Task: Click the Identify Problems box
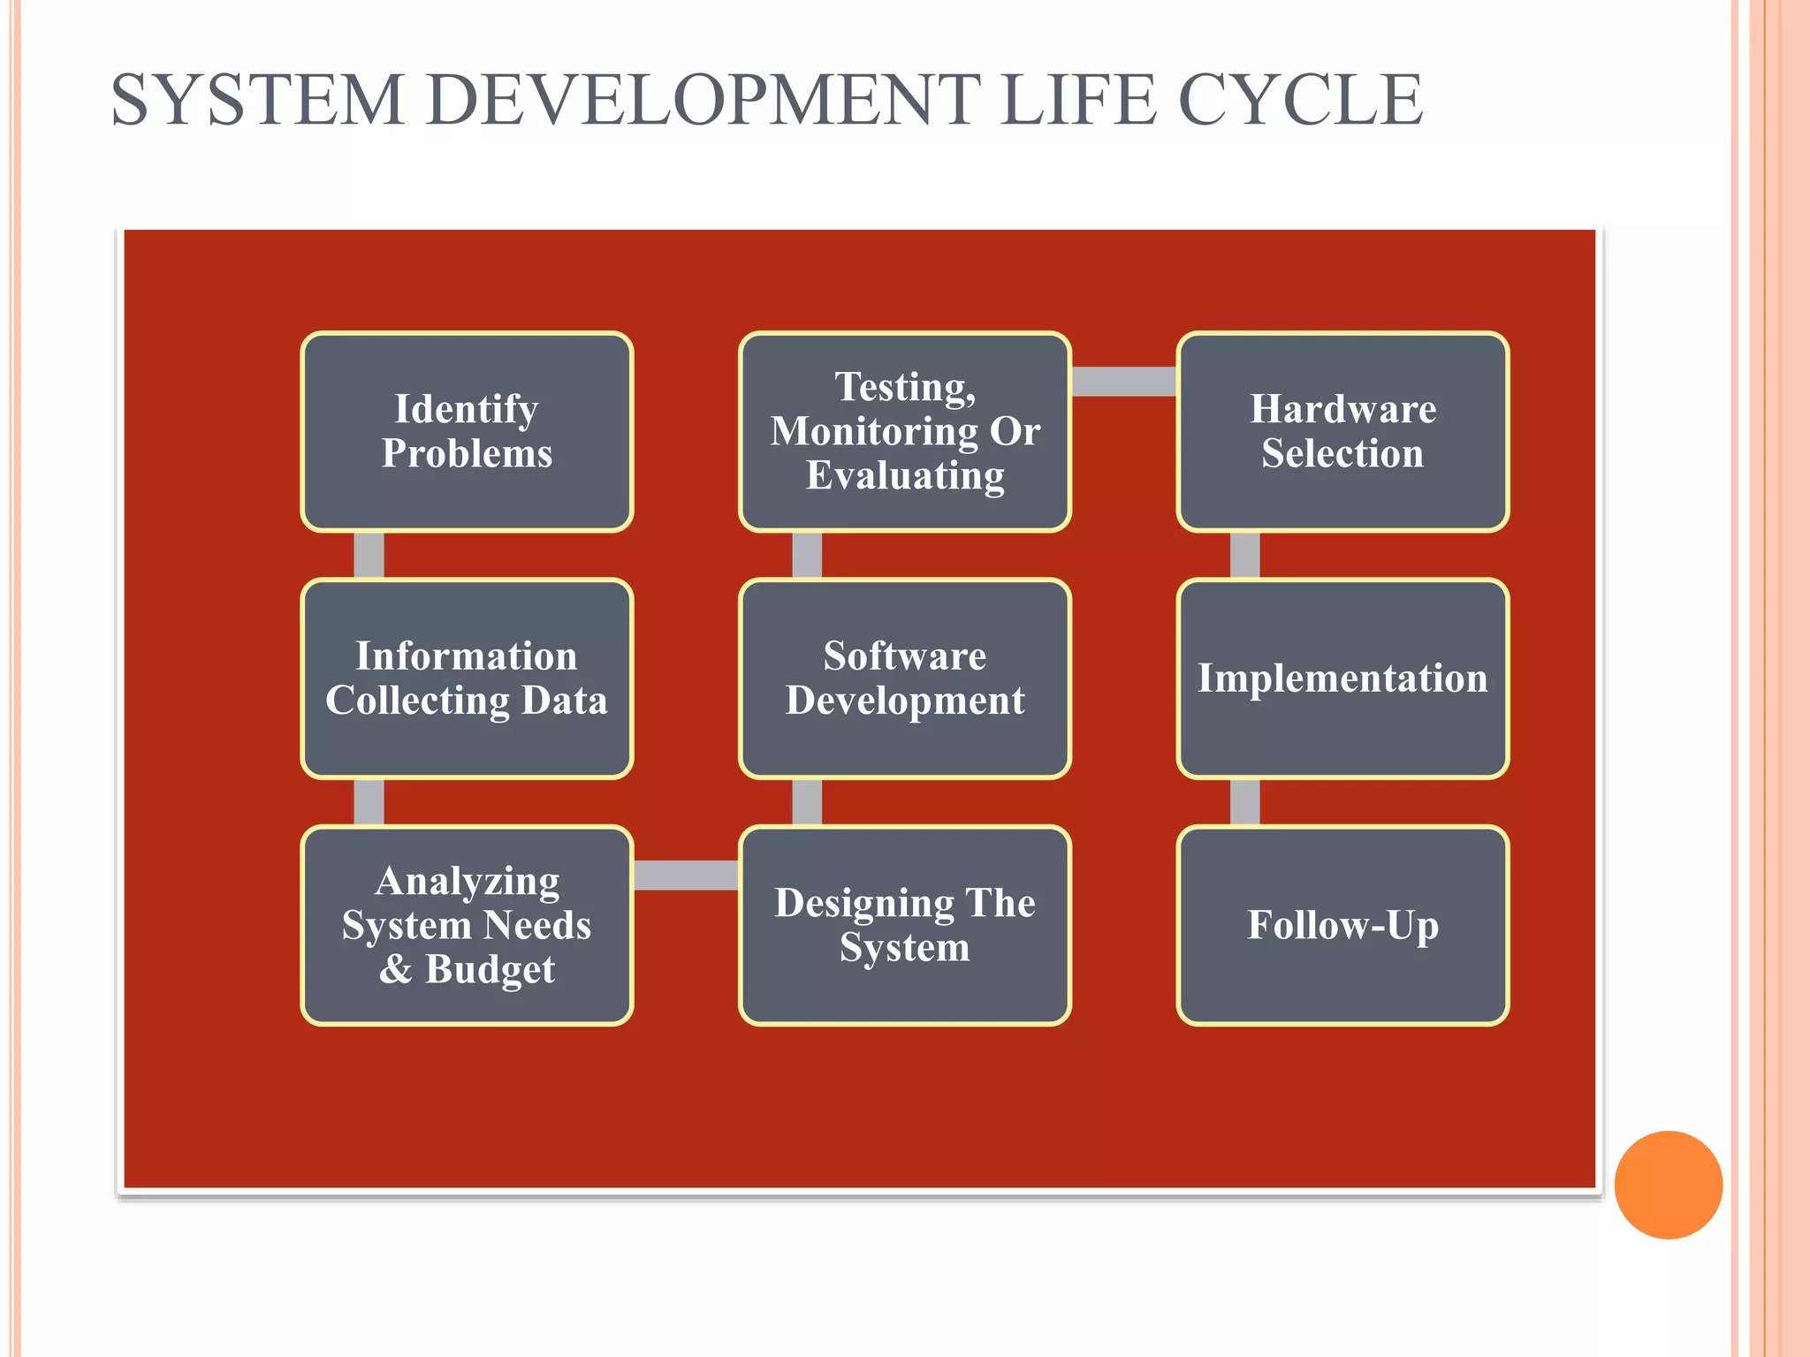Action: click(x=467, y=431)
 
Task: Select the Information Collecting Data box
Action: click(x=467, y=678)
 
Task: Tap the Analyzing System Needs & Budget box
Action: click(x=467, y=925)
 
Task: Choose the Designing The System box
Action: click(x=905, y=925)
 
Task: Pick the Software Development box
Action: click(x=905, y=678)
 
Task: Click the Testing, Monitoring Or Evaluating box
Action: click(x=905, y=431)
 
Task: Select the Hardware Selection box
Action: click(x=1342, y=431)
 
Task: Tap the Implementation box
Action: click(x=1342, y=678)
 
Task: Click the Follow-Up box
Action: click(x=1342, y=925)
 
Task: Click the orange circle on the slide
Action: click(x=1668, y=1185)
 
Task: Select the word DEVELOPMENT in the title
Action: click(x=703, y=100)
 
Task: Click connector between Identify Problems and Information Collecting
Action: click(x=369, y=555)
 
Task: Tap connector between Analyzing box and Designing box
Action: click(x=686, y=875)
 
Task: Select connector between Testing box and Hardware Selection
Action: click(x=1123, y=381)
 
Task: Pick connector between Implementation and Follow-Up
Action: click(x=1244, y=801)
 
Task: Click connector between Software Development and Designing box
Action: click(x=807, y=801)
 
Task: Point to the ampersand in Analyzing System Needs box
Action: click(x=396, y=969)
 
